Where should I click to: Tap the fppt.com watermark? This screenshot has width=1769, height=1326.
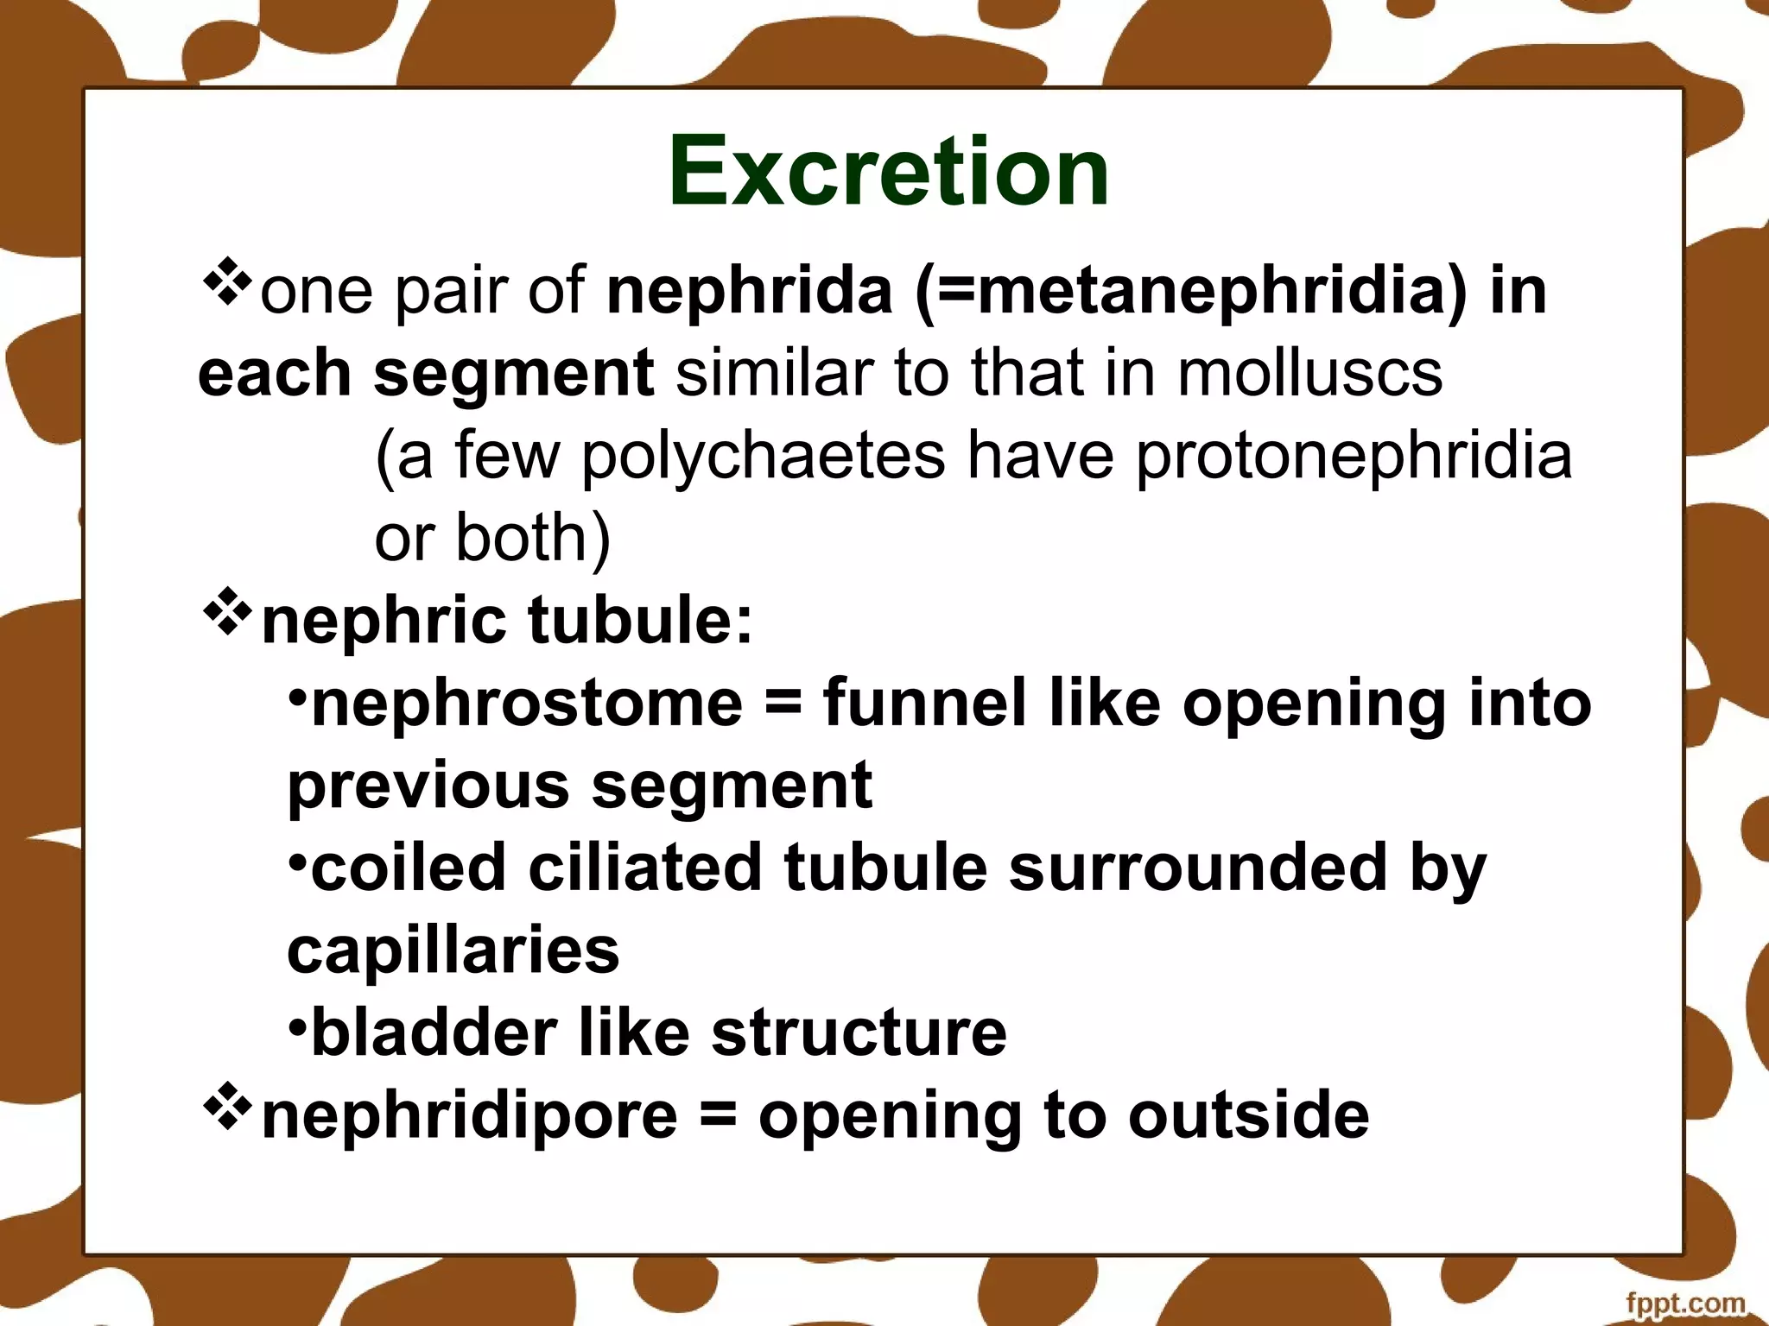click(x=1684, y=1303)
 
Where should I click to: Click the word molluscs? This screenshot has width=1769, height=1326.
click(x=1309, y=373)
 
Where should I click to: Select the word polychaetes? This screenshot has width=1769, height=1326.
click(x=763, y=456)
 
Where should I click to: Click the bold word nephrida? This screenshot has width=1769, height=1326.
click(x=749, y=291)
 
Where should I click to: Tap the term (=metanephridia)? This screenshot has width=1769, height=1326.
click(x=1191, y=291)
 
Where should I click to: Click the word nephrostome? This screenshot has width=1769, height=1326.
click(x=526, y=703)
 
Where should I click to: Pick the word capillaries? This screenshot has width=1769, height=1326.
click(x=453, y=950)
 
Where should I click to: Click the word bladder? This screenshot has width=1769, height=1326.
click(x=434, y=1032)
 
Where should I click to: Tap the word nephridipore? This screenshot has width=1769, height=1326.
click(x=469, y=1115)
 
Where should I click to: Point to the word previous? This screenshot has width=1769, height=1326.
click(x=428, y=786)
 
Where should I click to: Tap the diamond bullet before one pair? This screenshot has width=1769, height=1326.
click(x=227, y=281)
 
